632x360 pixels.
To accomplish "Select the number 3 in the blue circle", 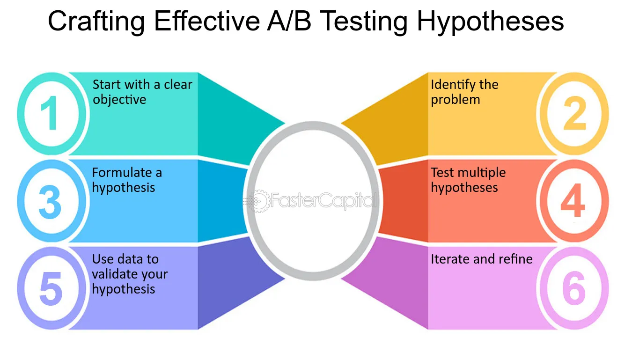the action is (50, 202).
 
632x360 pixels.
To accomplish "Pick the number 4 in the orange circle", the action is (573, 200).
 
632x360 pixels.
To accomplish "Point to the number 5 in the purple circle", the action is (51, 289).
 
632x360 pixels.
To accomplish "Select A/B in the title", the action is (289, 21).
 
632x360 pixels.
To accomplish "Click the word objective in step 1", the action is (119, 100).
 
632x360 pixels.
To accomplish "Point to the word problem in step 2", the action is (456, 100).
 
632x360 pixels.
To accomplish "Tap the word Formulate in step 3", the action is (122, 172).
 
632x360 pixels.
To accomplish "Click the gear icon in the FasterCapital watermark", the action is (258, 201).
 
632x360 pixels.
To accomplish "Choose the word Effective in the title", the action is (207, 21).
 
